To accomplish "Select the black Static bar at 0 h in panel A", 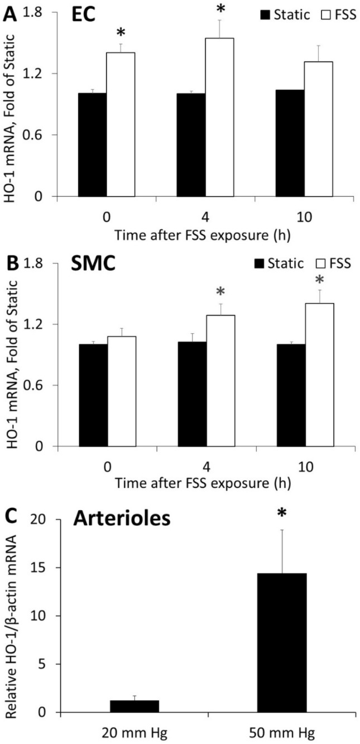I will click(93, 145).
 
